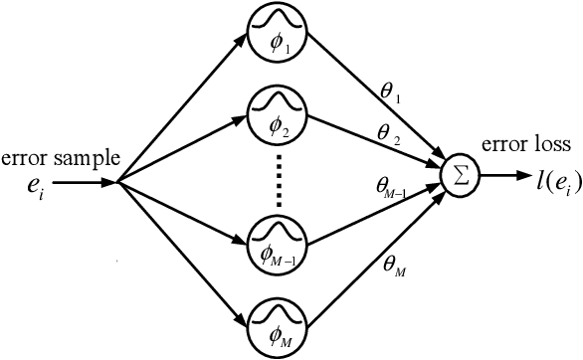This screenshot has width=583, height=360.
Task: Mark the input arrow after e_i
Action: click(85, 182)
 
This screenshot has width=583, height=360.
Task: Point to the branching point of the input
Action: click(117, 182)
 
